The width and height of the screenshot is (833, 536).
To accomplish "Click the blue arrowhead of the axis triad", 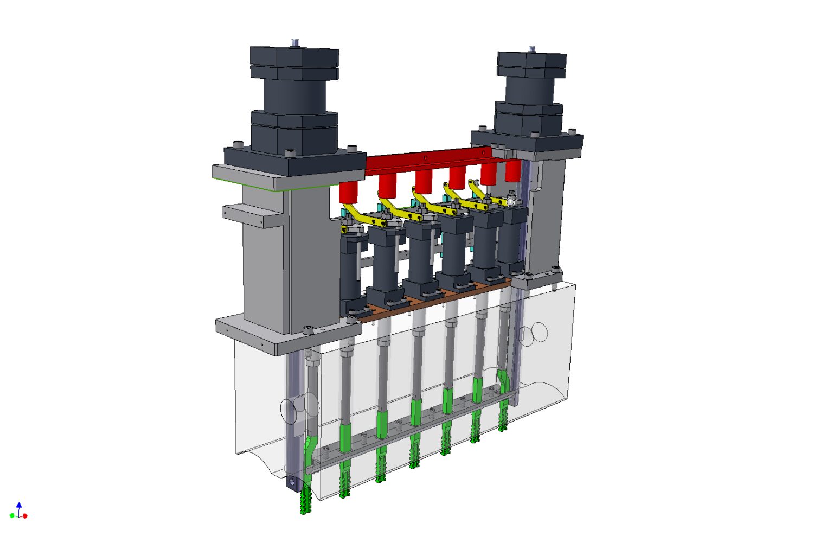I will (19, 505).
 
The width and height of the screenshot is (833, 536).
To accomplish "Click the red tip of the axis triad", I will (25, 515).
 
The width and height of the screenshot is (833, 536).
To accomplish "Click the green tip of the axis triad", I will (12, 515).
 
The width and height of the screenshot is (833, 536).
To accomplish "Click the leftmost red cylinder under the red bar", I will (349, 191).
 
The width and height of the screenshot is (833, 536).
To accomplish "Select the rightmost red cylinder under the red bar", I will (512, 171).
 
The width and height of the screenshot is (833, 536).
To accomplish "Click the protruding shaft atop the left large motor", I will (294, 43).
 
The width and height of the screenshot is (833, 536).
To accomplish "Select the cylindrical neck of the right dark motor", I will (530, 90).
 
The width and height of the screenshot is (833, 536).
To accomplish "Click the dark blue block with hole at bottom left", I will (292, 482).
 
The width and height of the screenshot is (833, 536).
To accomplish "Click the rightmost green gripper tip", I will (503, 418).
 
